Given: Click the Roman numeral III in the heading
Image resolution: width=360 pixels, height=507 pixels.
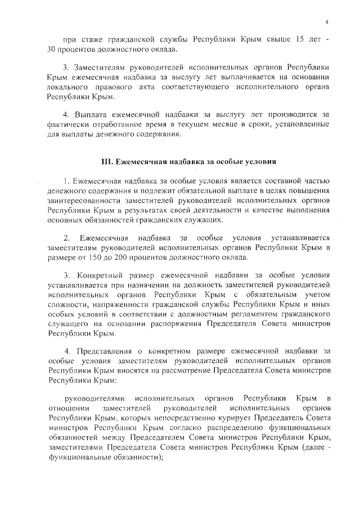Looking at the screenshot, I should point(107,161).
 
